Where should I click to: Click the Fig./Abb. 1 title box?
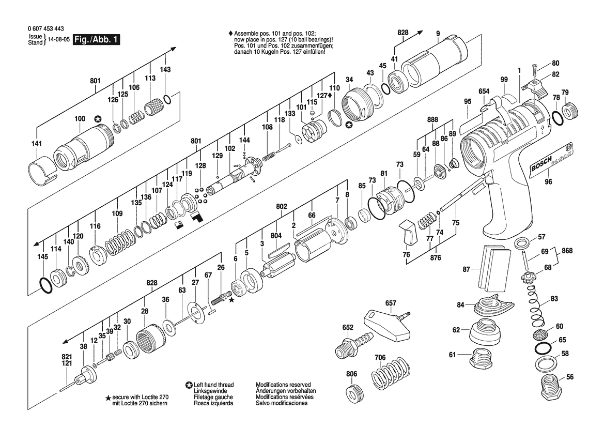[x=97, y=40]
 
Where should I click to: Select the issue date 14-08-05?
[x=59, y=40]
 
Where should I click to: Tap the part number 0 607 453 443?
[x=46, y=29]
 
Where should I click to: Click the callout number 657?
[x=391, y=303]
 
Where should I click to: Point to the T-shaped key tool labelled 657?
[x=389, y=323]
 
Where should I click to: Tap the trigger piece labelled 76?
[x=408, y=233]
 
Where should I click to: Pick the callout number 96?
[x=548, y=181]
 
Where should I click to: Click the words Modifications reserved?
[x=283, y=385]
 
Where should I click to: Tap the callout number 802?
[x=282, y=207]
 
